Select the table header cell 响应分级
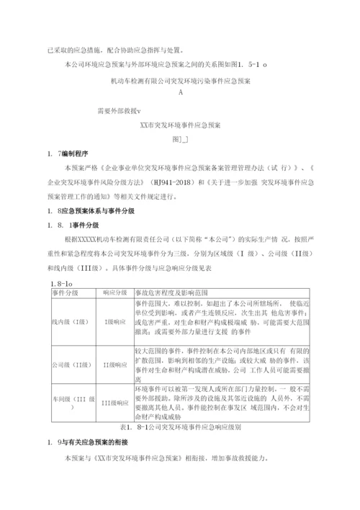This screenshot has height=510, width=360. (115, 293)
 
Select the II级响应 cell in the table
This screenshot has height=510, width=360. (115, 365)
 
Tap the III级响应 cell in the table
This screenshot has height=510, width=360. (115, 403)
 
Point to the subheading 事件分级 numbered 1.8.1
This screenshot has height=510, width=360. (84, 225)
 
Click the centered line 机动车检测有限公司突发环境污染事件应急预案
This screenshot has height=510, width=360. (179, 81)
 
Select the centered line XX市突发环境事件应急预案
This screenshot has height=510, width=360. (180, 125)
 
